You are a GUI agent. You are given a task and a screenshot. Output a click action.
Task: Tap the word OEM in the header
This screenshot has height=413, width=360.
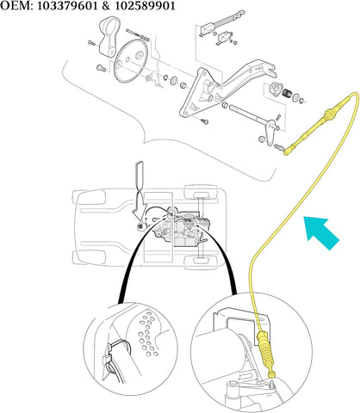pos(16,7)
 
